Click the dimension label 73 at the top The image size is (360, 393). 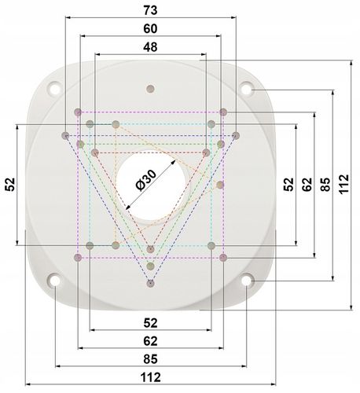coord(150,10)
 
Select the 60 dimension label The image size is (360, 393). coord(150,29)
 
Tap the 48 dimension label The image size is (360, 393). coord(150,47)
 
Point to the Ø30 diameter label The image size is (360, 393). coord(146,180)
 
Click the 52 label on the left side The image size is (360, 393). coord(10,184)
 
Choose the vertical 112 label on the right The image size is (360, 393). coord(343,184)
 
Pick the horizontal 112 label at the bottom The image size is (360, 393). coord(150,377)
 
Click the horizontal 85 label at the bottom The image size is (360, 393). coord(150,359)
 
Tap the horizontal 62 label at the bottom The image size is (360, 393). coord(150,341)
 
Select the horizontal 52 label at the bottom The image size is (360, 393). coord(150,323)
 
